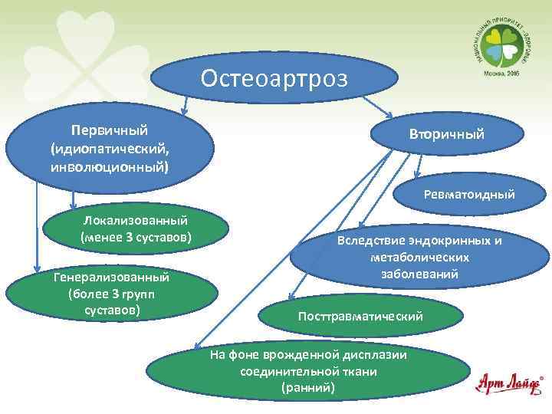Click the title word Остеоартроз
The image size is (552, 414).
274,78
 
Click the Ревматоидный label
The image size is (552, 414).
468,195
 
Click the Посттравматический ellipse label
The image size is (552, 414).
360,316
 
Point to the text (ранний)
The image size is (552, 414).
308,388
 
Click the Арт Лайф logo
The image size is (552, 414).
509,383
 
